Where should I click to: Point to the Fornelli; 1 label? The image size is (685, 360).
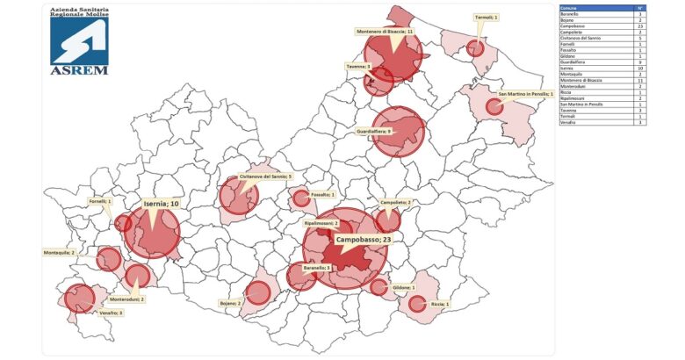coord(98,201)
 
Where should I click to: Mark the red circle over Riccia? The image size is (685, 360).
coord(417,304)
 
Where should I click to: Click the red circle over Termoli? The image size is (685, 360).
coord(475,47)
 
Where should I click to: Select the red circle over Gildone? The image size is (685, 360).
coord(379,286)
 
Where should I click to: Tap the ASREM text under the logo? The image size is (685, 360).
coord(79,69)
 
